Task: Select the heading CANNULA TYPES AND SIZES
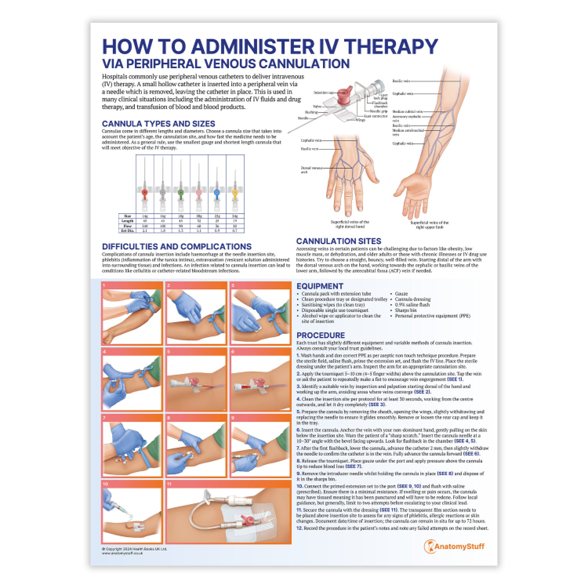158,123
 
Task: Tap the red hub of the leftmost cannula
145,192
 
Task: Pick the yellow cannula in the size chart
235,192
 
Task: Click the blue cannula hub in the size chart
217,192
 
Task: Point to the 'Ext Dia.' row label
127,231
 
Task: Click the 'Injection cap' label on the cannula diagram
323,93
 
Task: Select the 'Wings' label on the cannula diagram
360,120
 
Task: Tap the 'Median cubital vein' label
407,112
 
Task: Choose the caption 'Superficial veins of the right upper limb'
429,225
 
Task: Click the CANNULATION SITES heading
338,241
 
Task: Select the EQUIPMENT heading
319,286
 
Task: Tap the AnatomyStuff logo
454,546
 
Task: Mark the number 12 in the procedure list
299,528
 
